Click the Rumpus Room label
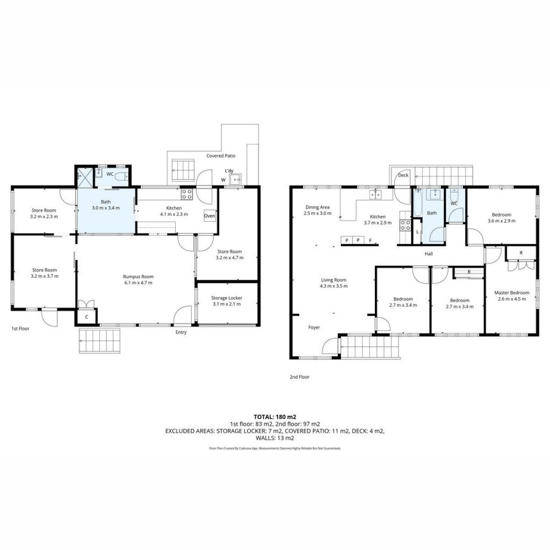[138, 277]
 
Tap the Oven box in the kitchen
[209, 216]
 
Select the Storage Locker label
[227, 298]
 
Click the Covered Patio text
[221, 156]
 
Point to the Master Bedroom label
[512, 293]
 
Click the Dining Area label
[317, 207]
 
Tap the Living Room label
[334, 280]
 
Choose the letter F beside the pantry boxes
[371, 240]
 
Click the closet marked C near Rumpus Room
[86, 317]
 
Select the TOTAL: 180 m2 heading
[275, 417]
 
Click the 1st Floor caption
[20, 329]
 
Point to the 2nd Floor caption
[300, 377]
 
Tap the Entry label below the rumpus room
[181, 332]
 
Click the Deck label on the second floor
[403, 175]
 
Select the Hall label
[429, 254]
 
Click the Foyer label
[314, 327]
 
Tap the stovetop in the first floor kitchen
[186, 194]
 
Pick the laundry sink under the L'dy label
[236, 179]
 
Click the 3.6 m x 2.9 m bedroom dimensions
[502, 221]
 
